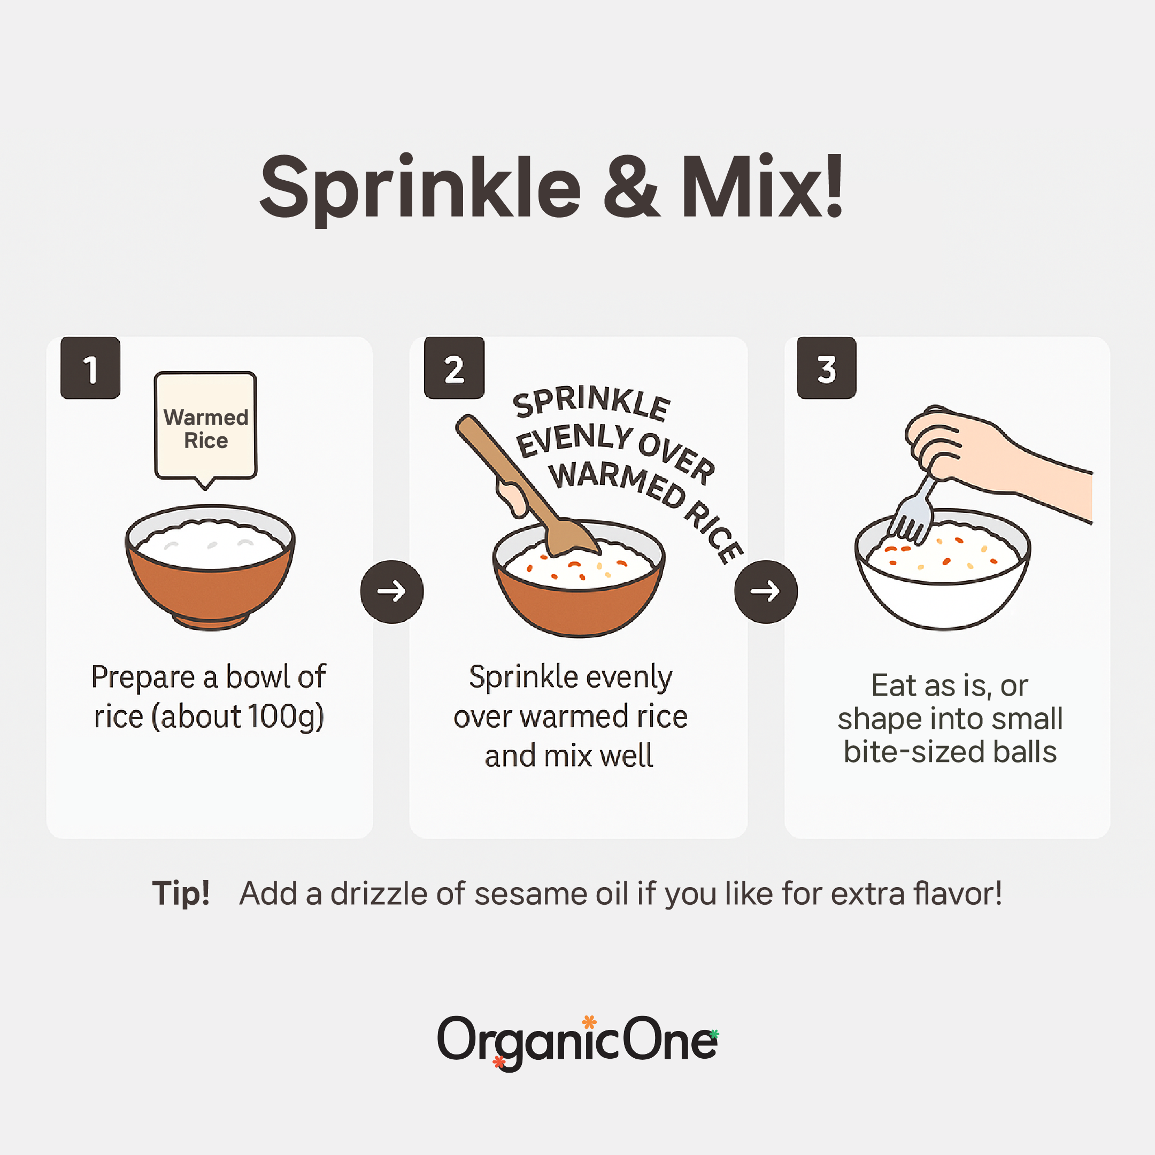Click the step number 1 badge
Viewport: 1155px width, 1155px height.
coord(90,368)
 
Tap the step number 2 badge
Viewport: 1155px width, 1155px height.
coord(454,368)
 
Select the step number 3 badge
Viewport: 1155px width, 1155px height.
coord(826,368)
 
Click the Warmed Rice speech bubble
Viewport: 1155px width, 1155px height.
coord(206,426)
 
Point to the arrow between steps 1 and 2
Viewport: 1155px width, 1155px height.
coord(391,591)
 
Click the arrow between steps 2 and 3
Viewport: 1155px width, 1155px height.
coord(765,591)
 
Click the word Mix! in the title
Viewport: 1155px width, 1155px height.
coord(762,187)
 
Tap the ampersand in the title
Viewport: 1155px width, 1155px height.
coord(631,187)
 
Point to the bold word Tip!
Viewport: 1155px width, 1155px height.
coord(181,893)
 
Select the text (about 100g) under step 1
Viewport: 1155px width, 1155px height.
coord(238,716)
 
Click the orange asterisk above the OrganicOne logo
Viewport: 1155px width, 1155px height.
coord(589,1022)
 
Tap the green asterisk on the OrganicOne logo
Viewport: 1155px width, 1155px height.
coord(714,1034)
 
